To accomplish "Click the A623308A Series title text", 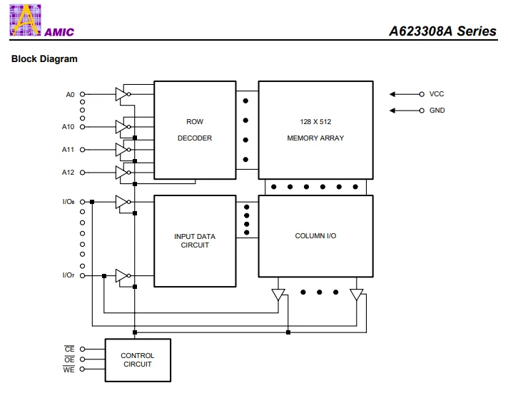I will point(442,31).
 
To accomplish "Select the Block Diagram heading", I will point(44,59).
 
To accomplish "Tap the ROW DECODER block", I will point(195,130).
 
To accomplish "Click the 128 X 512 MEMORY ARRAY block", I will point(315,130).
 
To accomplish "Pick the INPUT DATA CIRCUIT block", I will point(195,241).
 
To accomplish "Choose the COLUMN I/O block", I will point(315,236).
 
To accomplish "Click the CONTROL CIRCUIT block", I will point(137,359).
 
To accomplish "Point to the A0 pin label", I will point(70,94).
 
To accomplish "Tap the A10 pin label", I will point(68,127).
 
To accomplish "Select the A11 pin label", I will point(68,150).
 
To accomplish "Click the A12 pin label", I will point(68,173).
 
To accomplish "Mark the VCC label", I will point(436,94).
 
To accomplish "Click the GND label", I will point(437,111).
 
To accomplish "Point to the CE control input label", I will point(70,349).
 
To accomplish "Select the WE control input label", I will point(70,369).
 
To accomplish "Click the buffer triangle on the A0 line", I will point(121,94).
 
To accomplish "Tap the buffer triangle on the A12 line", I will point(121,173).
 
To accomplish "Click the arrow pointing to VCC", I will point(405,94).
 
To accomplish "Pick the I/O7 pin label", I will point(68,275).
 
